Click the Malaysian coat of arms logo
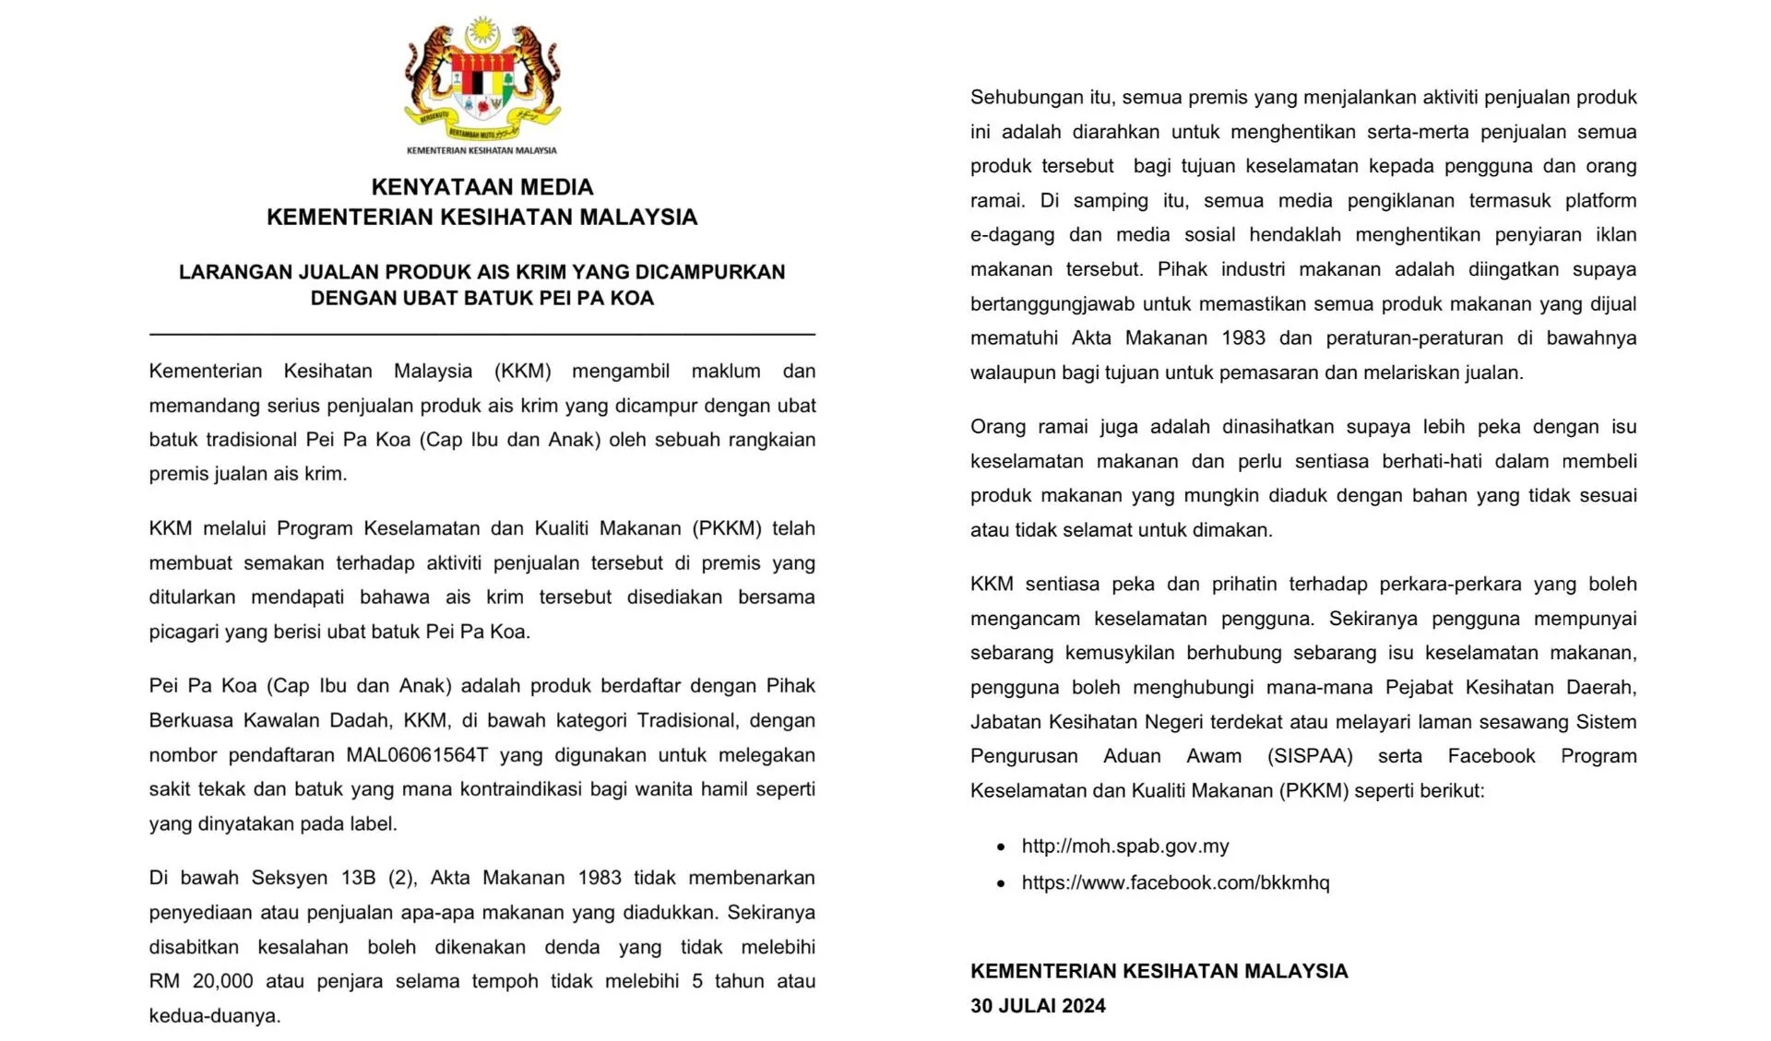(x=481, y=81)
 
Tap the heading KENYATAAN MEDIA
(x=481, y=187)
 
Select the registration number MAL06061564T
(x=417, y=755)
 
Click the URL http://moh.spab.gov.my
(x=1124, y=846)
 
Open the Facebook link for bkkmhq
(x=1175, y=882)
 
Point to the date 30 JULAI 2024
(x=1038, y=1006)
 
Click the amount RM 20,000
(x=201, y=981)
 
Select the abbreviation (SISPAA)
(x=1310, y=756)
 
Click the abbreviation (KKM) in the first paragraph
(x=522, y=371)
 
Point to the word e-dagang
(x=1012, y=235)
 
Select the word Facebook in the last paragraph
(x=1491, y=756)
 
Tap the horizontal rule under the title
(x=481, y=333)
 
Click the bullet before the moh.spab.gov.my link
(x=1002, y=846)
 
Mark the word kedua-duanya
(x=214, y=1016)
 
